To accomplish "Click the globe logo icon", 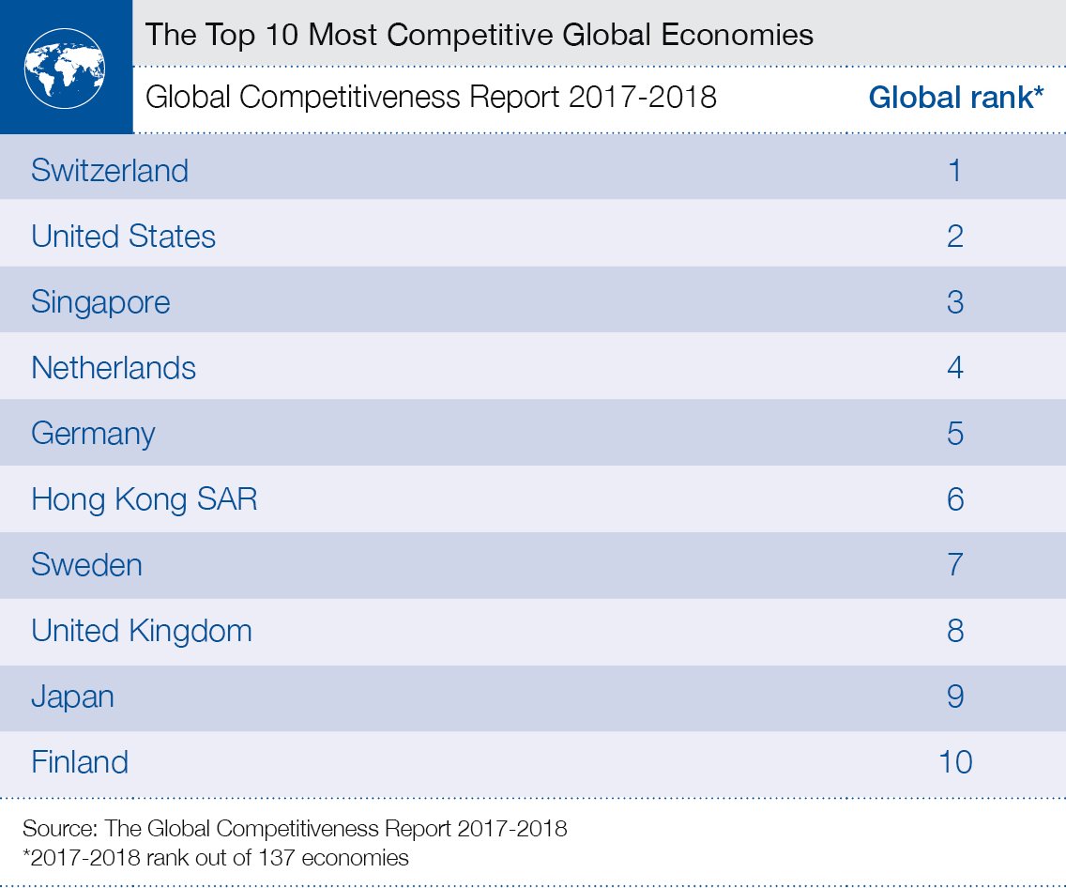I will pyautogui.click(x=65, y=68).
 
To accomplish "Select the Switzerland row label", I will pyautogui.click(x=110, y=171).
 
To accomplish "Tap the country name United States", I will pyautogui.click(x=123, y=237).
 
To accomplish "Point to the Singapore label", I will pyautogui.click(x=100, y=302).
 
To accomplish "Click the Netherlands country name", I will pyautogui.click(x=114, y=368).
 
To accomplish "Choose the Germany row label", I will pyautogui.click(x=93, y=434).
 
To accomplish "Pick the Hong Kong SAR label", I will pyautogui.click(x=144, y=499).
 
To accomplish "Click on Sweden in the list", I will pyautogui.click(x=86, y=565).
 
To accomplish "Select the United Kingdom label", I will pyautogui.click(x=142, y=631).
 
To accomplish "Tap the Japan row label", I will pyautogui.click(x=72, y=697).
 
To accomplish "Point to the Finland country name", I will pyautogui.click(x=80, y=761).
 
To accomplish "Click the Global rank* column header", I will pyautogui.click(x=956, y=98).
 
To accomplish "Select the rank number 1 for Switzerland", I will pyautogui.click(x=955, y=171).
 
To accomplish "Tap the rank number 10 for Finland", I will pyautogui.click(x=955, y=761).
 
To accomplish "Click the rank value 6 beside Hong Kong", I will pyautogui.click(x=955, y=499).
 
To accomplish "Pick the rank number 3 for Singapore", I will pyautogui.click(x=955, y=302).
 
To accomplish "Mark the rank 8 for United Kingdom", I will pyautogui.click(x=955, y=631).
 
